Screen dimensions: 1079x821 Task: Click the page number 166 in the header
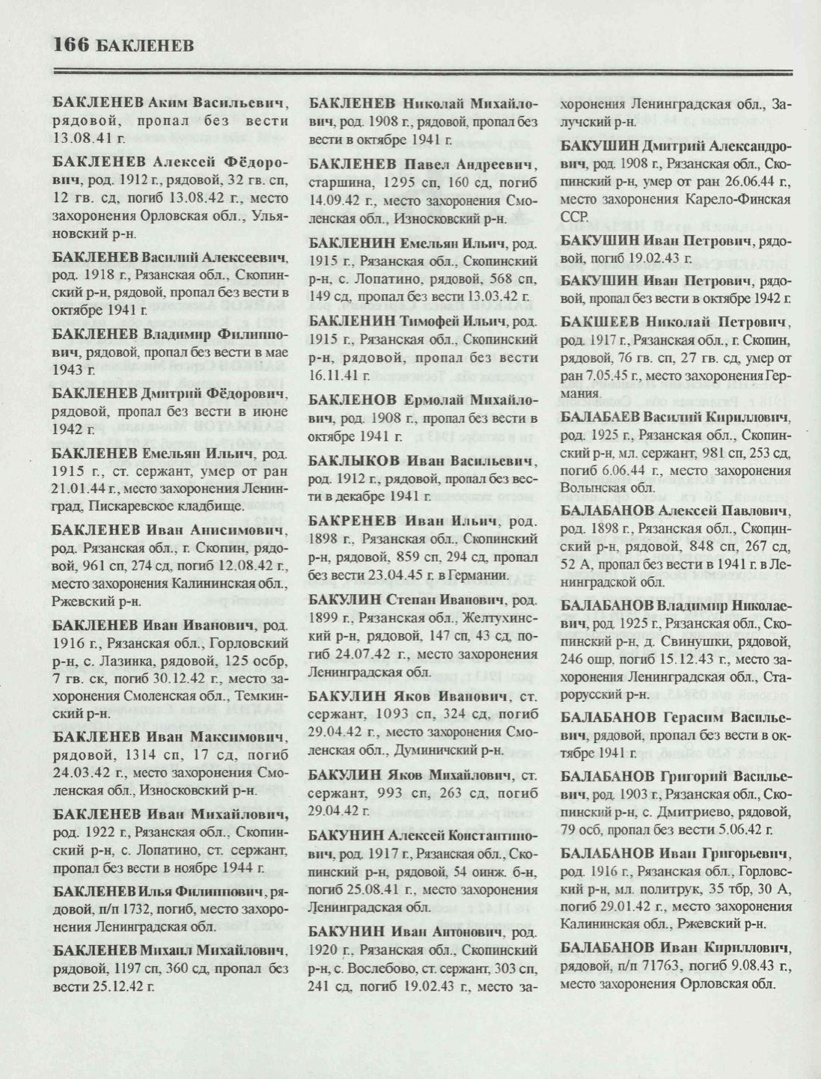point(72,46)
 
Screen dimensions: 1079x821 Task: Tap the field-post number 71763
point(653,967)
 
